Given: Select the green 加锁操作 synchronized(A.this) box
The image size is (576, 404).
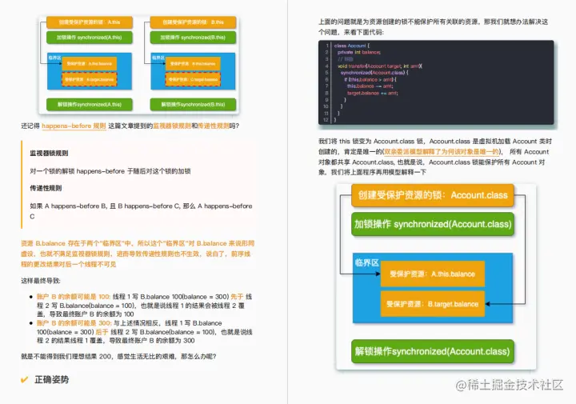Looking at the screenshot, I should click(x=86, y=38).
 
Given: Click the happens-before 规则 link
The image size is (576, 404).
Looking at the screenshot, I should click(x=74, y=126).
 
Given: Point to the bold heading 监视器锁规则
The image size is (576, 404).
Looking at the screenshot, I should click(x=49, y=152).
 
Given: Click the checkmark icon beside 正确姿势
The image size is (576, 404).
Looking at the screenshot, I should click(x=25, y=379).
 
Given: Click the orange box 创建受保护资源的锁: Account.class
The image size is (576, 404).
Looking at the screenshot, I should click(x=433, y=195).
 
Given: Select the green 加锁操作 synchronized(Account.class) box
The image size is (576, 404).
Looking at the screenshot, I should click(x=433, y=224).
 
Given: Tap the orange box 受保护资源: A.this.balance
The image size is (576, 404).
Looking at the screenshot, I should click(x=431, y=274).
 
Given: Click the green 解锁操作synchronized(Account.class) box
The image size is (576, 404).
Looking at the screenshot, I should click(x=433, y=351).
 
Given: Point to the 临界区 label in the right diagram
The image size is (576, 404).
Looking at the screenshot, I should click(x=366, y=262).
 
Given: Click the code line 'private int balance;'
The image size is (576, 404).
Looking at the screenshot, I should click(x=359, y=52).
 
